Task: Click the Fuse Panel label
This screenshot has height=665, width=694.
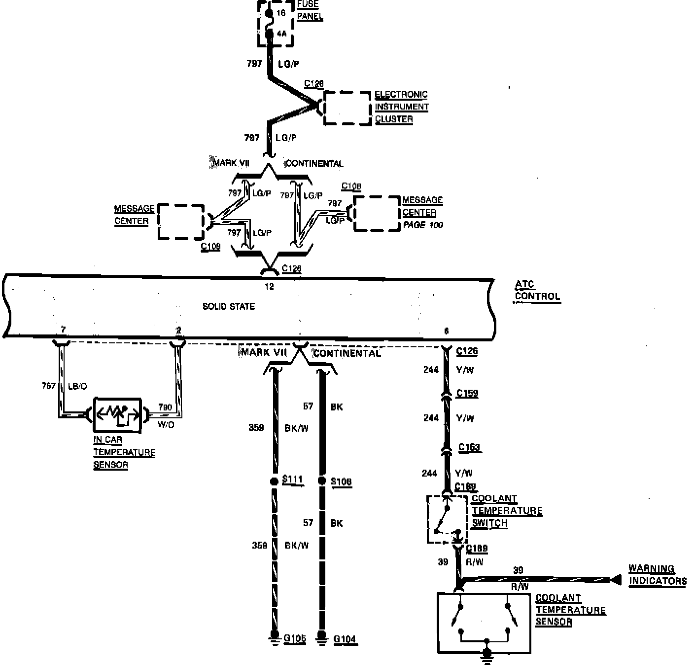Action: click(x=310, y=10)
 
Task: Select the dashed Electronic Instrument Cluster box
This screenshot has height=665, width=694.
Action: click(x=347, y=108)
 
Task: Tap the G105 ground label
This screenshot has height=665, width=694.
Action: click(x=295, y=639)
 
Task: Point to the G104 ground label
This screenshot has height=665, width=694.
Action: click(x=345, y=640)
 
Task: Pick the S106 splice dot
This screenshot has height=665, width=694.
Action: click(x=322, y=481)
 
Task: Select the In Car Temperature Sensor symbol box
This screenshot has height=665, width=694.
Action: click(x=117, y=414)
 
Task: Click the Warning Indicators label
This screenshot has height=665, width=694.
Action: click(x=657, y=575)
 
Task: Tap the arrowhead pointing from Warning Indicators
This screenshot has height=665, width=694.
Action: click(x=615, y=581)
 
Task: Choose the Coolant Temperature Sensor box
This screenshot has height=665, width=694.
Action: click(x=485, y=622)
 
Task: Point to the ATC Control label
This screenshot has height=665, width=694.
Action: click(x=537, y=291)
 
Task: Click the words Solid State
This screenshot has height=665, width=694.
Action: click(x=229, y=306)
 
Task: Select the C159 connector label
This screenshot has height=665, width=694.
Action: click(x=467, y=393)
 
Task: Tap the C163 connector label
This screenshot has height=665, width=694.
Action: click(x=469, y=447)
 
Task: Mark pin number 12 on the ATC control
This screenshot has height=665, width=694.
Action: click(x=269, y=287)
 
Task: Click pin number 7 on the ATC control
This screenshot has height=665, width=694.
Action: click(x=63, y=329)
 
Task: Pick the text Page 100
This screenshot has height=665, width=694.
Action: click(x=423, y=225)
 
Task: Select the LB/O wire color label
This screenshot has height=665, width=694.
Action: click(x=77, y=386)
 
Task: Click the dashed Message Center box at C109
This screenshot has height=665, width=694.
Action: click(x=181, y=222)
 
